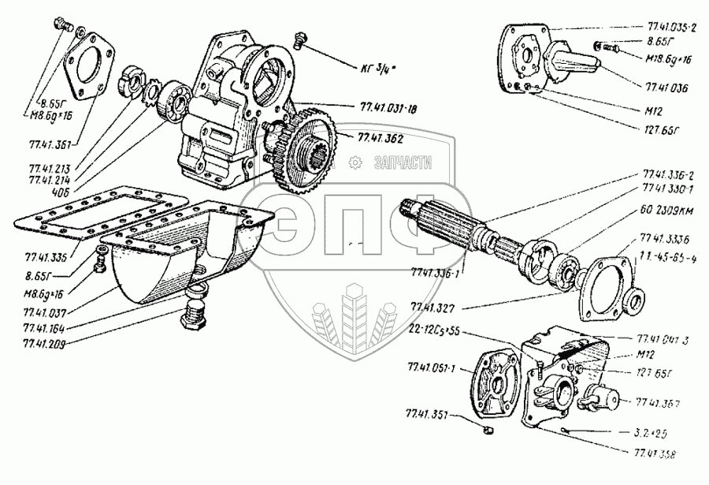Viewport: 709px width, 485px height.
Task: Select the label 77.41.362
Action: (x=381, y=138)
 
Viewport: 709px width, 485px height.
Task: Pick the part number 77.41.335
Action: (x=46, y=257)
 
